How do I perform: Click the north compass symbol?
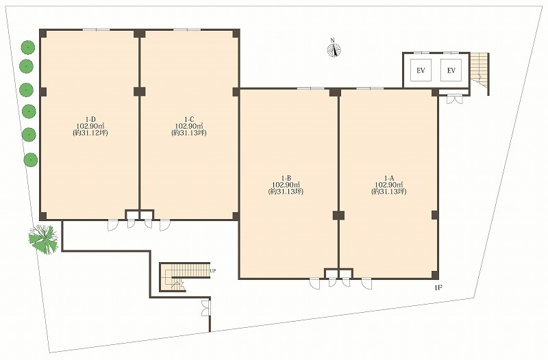[334, 49]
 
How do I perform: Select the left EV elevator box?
[421, 70]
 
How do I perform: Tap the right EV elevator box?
[451, 70]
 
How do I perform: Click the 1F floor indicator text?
[438, 287]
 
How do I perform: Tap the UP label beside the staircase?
[213, 270]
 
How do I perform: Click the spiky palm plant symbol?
[44, 239]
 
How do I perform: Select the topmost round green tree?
[27, 47]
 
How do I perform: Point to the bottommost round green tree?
[31, 160]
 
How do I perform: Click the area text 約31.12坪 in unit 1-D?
[90, 133]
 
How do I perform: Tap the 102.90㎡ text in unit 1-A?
[389, 185]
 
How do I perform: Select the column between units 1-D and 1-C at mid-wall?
[140, 92]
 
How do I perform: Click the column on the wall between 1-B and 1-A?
[338, 216]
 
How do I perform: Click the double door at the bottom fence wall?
[206, 307]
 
